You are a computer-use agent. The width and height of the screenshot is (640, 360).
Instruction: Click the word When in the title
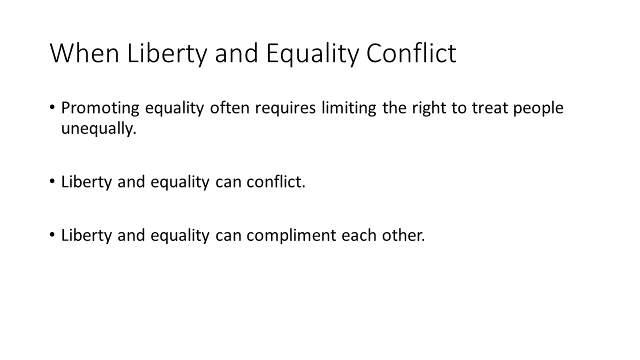84,53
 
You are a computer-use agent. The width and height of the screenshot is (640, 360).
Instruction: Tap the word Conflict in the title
411,53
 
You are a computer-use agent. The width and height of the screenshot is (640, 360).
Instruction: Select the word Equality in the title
312,54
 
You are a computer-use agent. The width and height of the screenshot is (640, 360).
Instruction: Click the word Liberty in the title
166,54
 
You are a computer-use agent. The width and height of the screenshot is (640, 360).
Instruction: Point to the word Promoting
100,108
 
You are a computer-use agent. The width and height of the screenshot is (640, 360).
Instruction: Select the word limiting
348,108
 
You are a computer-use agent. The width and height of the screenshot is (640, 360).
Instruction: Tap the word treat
489,108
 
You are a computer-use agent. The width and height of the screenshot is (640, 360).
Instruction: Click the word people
538,108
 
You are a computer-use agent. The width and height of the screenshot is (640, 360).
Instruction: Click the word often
229,107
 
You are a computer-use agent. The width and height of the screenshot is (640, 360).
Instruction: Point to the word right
429,108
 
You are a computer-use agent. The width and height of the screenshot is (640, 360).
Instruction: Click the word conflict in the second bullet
276,181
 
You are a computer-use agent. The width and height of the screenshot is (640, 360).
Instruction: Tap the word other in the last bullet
403,235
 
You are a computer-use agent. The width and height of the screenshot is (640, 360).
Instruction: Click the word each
359,235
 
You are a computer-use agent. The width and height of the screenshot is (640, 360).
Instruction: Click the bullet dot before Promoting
52,107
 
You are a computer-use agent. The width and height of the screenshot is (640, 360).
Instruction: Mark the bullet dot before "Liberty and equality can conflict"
52,181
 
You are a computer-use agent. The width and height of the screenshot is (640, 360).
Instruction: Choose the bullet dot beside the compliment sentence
52,235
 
